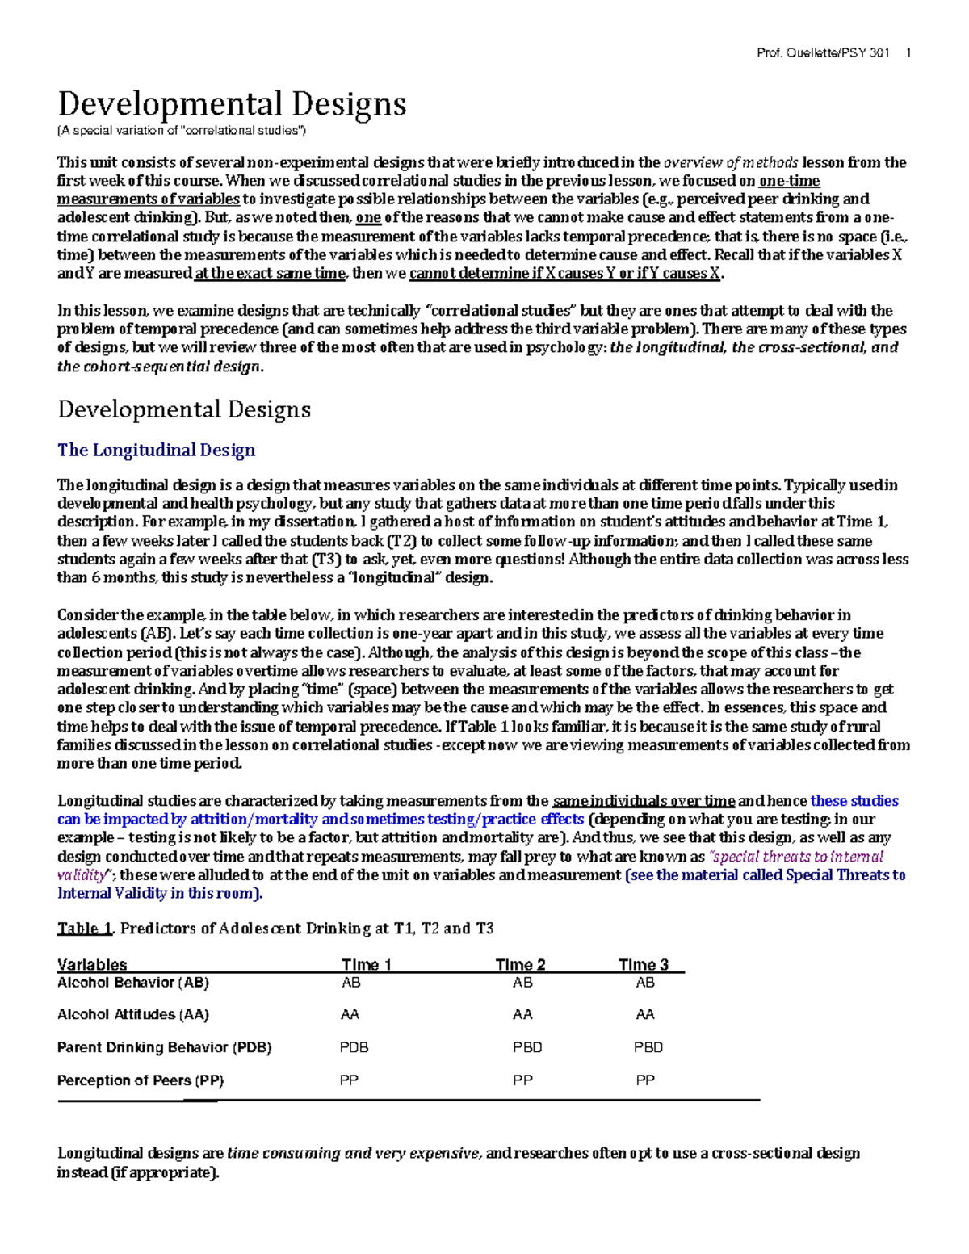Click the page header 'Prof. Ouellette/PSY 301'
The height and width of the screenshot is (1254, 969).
[823, 53]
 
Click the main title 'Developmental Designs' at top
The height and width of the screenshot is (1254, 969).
[232, 104]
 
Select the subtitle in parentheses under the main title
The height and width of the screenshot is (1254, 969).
[182, 131]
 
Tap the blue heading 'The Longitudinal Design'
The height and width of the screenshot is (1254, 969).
[156, 450]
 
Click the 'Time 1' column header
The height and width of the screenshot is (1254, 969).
[367, 964]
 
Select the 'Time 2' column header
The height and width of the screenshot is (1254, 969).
[520, 964]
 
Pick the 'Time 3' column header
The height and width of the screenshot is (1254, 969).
[644, 964]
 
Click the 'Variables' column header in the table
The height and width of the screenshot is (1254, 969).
[92, 964]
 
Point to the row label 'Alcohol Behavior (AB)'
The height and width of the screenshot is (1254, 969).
[133, 983]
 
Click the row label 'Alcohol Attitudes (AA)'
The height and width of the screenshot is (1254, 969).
[133, 1014]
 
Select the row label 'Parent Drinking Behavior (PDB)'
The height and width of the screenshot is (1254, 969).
[164, 1047]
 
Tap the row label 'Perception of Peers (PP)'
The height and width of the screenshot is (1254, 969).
[141, 1080]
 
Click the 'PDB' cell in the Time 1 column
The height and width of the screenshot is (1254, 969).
[354, 1047]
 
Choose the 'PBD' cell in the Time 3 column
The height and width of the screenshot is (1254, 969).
[648, 1047]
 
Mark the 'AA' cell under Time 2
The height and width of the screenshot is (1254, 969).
[522, 1014]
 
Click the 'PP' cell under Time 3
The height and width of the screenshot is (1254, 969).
[645, 1080]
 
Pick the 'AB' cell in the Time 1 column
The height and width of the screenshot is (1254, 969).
[351, 983]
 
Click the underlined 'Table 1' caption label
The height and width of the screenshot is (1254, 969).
[85, 929]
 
